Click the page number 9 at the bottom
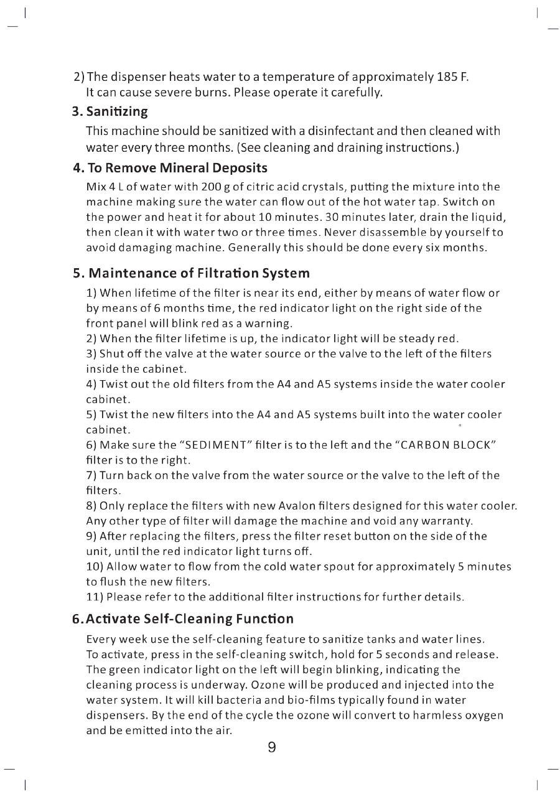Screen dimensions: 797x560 click(x=272, y=747)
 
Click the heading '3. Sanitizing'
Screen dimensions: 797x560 click(x=110, y=112)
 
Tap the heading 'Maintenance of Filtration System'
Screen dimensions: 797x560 click(x=199, y=273)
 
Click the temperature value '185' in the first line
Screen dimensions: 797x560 click(x=448, y=78)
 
